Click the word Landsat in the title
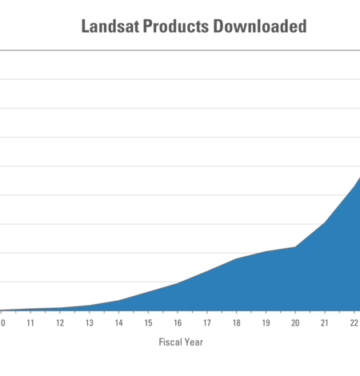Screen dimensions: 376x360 click(109, 26)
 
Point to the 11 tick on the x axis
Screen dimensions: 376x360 click(30, 323)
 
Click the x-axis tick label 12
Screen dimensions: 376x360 click(59, 323)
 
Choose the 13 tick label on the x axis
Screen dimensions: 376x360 click(89, 323)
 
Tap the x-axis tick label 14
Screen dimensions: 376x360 click(118, 323)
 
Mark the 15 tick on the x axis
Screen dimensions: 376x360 click(148, 323)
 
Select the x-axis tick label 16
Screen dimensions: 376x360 click(178, 323)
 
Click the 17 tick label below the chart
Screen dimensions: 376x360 click(206, 323)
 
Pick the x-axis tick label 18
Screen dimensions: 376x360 click(236, 323)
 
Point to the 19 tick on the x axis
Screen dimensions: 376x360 click(266, 323)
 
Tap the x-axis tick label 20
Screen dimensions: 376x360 click(295, 323)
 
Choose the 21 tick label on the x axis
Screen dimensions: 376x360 click(324, 323)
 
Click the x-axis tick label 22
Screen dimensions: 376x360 click(354, 323)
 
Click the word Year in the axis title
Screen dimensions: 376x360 click(193, 342)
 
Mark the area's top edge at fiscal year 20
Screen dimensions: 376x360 click(295, 247)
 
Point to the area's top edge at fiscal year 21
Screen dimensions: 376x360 click(324, 222)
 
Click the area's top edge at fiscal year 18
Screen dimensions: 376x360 click(236, 259)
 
